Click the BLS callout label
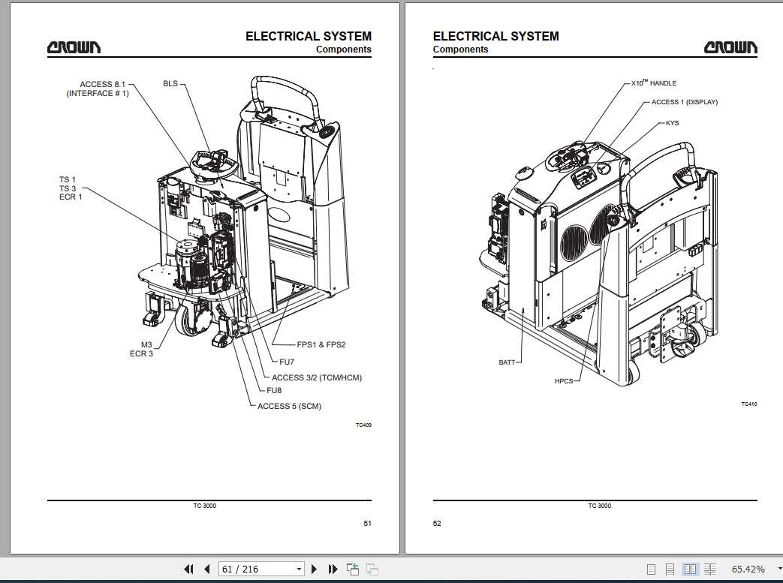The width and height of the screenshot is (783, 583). coord(170,83)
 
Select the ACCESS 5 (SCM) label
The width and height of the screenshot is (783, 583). coord(289,406)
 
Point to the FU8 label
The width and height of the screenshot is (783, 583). coord(274,390)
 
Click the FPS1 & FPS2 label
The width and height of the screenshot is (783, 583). coord(321,344)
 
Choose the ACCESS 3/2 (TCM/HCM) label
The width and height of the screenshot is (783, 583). coord(316,377)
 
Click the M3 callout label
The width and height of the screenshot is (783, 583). coord(146,344)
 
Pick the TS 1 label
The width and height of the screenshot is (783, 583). coord(68,179)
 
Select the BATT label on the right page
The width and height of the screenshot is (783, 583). coord(507,362)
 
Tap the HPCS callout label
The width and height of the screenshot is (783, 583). coord(563,381)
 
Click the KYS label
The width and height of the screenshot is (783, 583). coord(672,123)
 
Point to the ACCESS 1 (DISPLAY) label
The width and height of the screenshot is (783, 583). coord(684,102)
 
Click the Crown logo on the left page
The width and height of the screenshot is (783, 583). coord(74,48)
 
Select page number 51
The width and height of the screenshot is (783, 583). coord(367,524)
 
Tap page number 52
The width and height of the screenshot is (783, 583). coord(437,524)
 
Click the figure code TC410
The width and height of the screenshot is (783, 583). coord(748,404)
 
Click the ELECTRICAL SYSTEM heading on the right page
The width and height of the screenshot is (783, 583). coord(495,36)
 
